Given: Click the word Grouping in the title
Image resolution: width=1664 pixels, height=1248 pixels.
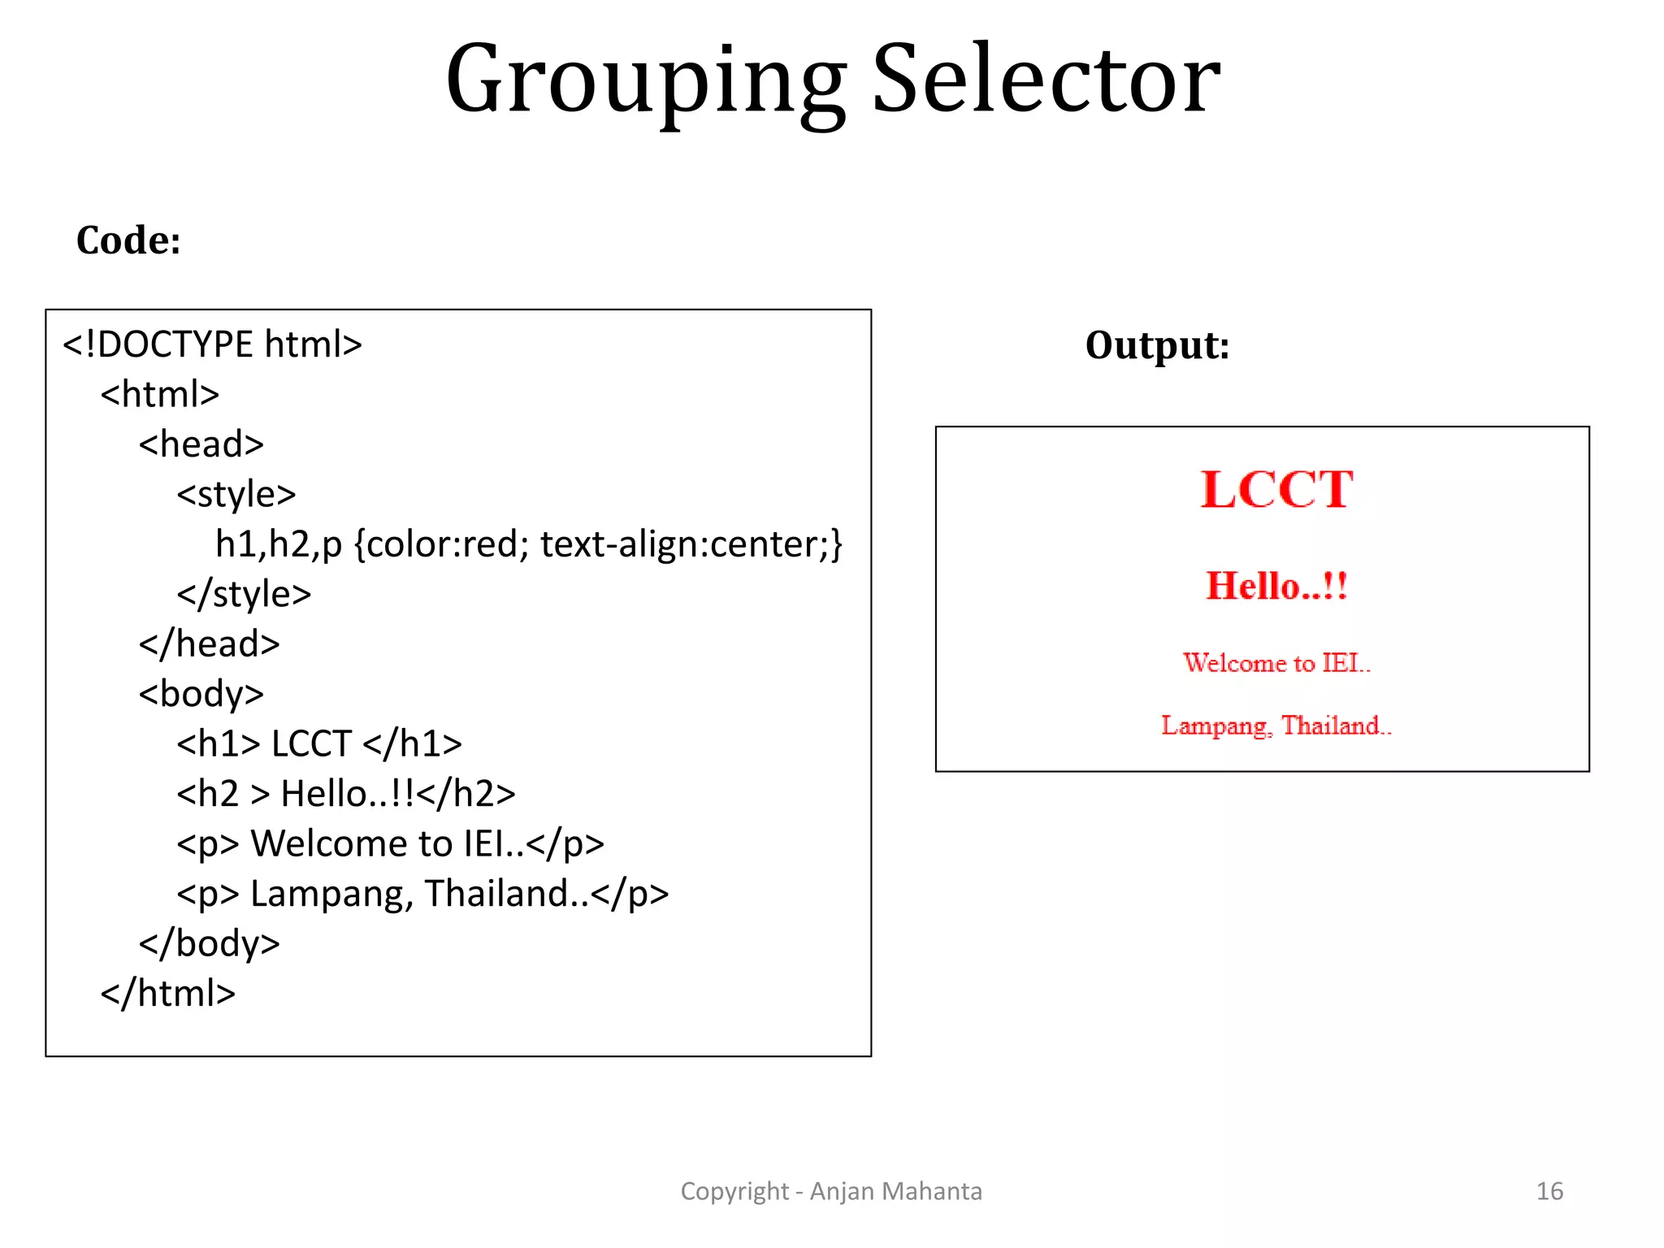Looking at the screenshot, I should (x=646, y=81).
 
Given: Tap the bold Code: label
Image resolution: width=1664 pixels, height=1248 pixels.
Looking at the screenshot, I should (x=128, y=240).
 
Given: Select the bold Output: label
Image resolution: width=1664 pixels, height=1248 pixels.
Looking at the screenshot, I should (x=1157, y=345).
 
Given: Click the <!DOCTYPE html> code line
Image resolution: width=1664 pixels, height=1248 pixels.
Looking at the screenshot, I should (x=212, y=344).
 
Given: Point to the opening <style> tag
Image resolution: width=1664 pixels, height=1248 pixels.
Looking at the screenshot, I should (x=236, y=494).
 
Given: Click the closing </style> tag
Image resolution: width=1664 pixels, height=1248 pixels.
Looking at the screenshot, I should (x=244, y=594).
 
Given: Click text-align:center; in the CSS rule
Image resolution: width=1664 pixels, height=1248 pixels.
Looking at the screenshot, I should (x=691, y=544).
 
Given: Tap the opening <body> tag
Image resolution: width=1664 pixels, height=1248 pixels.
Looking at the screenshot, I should (x=201, y=694).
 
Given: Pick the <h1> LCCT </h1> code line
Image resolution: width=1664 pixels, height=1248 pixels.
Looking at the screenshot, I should (x=319, y=743).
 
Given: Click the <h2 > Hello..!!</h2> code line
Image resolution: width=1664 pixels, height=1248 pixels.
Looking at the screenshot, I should (x=346, y=794).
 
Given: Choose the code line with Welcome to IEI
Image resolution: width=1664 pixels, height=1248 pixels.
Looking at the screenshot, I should (x=390, y=843).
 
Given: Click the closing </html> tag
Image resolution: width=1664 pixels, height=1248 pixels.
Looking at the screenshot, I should (x=167, y=993).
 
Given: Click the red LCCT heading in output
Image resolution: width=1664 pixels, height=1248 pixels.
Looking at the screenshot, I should (x=1276, y=490).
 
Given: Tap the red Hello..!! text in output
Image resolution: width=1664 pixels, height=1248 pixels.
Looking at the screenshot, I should (x=1276, y=586).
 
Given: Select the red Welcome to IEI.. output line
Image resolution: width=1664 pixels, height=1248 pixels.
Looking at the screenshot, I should (x=1276, y=663).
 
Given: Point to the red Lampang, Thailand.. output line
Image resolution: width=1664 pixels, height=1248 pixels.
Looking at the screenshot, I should (x=1276, y=725).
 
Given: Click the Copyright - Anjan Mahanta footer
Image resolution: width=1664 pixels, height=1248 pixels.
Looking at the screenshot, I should (x=831, y=1191).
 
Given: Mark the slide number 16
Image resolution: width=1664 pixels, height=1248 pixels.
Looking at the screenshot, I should (x=1549, y=1191).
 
